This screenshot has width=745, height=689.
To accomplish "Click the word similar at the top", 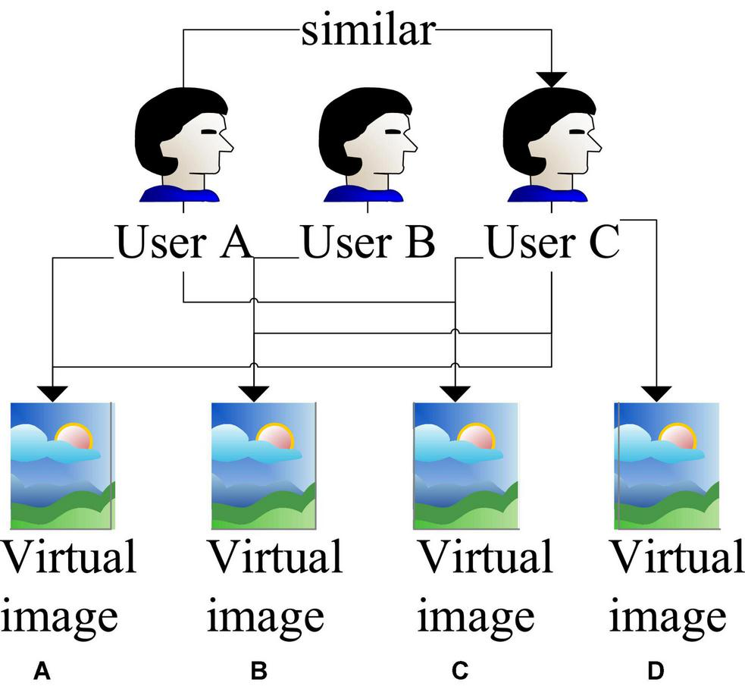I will pyautogui.click(x=368, y=31).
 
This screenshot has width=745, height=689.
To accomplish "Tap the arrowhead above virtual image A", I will pyautogui.click(x=52, y=393).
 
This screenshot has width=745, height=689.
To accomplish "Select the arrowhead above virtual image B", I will pyautogui.click(x=253, y=393).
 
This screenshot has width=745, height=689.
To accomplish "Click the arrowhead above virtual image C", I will pyautogui.click(x=455, y=393).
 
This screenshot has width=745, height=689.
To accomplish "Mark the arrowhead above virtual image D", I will pyautogui.click(x=656, y=393).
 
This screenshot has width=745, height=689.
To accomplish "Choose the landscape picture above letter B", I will pyautogui.click(x=263, y=465).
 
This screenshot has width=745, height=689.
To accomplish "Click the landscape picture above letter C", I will pyautogui.click(x=465, y=465).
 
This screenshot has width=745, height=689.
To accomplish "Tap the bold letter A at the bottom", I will pyautogui.click(x=42, y=670).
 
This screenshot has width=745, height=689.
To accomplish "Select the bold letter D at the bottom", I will pyautogui.click(x=656, y=670).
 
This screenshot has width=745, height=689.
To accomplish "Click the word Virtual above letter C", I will pyautogui.click(x=485, y=557).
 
